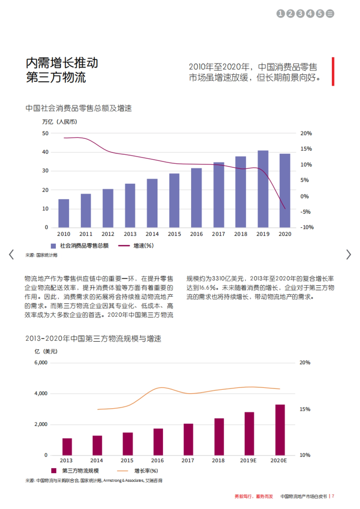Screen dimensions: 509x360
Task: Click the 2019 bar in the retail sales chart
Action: click(x=263, y=189)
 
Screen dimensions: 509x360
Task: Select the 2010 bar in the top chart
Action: click(x=64, y=213)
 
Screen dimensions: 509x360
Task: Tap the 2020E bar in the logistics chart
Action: click(x=280, y=430)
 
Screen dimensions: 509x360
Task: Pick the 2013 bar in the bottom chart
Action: click(x=67, y=447)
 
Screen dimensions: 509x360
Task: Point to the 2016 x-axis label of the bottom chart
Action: click(x=157, y=460)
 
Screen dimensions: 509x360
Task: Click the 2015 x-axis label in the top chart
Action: click(x=174, y=234)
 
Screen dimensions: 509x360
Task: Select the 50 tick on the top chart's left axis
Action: click(x=45, y=133)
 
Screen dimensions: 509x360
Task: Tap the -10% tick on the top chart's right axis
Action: click(x=307, y=227)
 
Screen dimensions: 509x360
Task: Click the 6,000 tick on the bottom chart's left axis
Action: click(x=41, y=363)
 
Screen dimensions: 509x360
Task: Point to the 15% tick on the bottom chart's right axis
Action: click(x=305, y=409)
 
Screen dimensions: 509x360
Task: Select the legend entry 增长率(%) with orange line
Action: click(x=146, y=471)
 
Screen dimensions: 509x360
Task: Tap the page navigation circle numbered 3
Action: click(x=300, y=13)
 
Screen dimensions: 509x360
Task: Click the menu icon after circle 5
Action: click(x=330, y=13)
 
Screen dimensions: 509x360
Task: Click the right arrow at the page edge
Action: click(x=348, y=255)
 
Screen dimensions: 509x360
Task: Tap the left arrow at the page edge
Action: click(x=11, y=255)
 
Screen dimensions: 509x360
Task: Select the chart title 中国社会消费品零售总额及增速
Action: click(x=79, y=108)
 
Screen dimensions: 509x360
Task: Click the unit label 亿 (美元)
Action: click(x=46, y=351)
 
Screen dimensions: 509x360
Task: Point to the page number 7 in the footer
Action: click(x=333, y=496)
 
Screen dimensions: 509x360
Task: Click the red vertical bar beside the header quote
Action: click(x=333, y=71)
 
